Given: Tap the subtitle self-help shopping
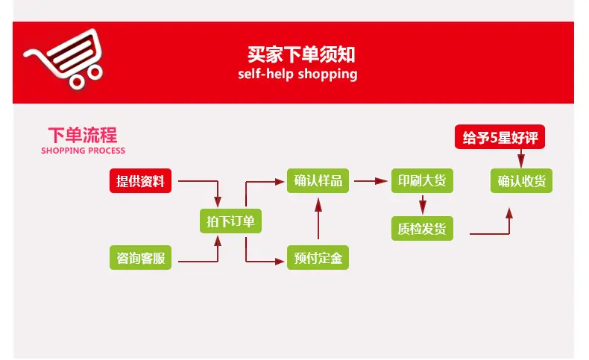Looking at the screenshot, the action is pyautogui.click(x=297, y=74).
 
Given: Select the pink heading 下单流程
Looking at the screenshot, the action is pyautogui.click(x=82, y=135).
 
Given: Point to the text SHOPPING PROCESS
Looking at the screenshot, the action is pyautogui.click(x=83, y=151).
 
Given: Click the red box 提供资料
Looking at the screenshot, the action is pyautogui.click(x=140, y=181).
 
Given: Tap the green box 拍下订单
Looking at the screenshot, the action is pyautogui.click(x=231, y=221).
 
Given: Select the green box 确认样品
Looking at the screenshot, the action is pyautogui.click(x=318, y=181).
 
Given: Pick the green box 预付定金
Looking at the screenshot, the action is pyautogui.click(x=318, y=259).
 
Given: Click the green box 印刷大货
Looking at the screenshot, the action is pyautogui.click(x=422, y=181).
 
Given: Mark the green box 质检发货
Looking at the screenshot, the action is pyautogui.click(x=422, y=228).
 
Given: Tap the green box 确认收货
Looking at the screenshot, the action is pyautogui.click(x=521, y=181).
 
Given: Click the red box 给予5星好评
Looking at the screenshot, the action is pyautogui.click(x=500, y=138).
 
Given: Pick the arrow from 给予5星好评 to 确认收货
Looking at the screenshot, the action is pyautogui.click(x=521, y=159).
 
